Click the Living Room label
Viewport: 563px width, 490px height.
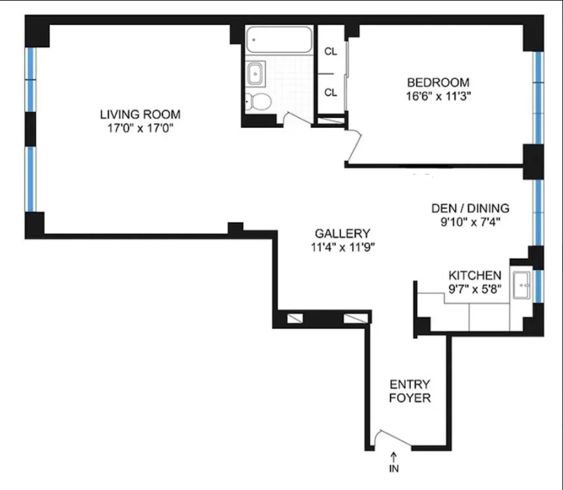pos(140,115)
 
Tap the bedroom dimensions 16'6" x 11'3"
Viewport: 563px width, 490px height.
pos(438,96)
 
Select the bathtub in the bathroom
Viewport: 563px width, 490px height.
pos(279,40)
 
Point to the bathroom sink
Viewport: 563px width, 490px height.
pos(256,73)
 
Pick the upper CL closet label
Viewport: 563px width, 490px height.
pos(331,52)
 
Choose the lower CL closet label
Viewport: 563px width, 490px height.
pos(331,93)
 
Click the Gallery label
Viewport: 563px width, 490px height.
pos(342,233)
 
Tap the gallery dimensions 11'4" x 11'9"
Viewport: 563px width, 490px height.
pos(342,247)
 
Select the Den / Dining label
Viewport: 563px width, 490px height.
pos(470,208)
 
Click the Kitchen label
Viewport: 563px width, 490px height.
pos(475,275)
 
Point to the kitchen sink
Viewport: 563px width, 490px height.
pos(521,285)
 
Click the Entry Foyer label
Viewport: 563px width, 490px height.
pos(409,391)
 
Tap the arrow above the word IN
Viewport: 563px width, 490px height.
pos(394,456)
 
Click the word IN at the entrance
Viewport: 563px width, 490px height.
pos(394,469)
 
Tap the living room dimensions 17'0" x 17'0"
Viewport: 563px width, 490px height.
pos(140,128)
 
